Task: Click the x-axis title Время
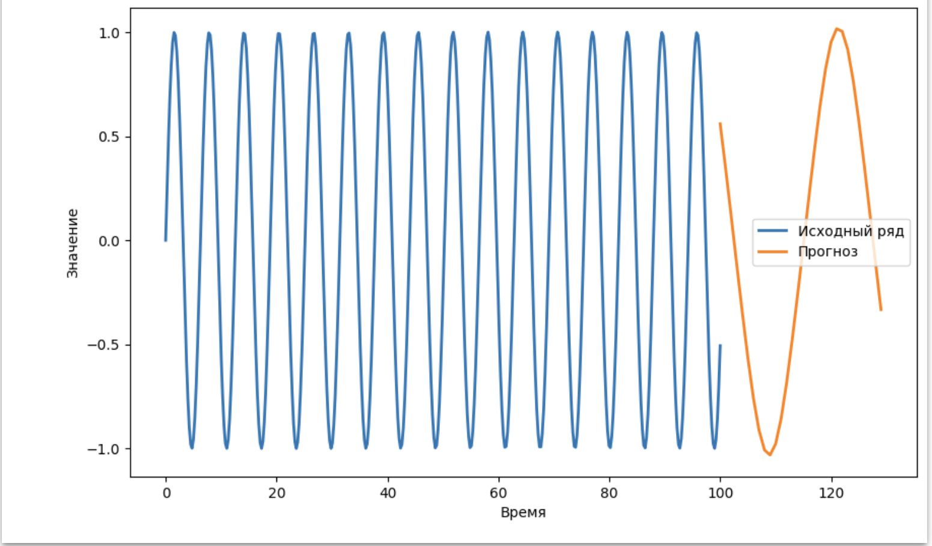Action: (523, 512)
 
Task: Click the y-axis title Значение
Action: (73, 243)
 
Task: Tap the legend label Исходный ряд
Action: (850, 231)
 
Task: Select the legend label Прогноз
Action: (827, 252)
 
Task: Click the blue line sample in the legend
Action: (772, 231)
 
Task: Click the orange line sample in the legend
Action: (772, 252)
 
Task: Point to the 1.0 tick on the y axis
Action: (109, 33)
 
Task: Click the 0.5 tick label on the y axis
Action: (109, 137)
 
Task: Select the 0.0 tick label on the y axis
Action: (109, 241)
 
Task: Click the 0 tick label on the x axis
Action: (166, 494)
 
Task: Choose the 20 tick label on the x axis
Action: (276, 494)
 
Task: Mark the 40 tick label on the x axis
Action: (388, 494)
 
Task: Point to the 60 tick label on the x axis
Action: (498, 494)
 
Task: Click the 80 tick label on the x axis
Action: (609, 494)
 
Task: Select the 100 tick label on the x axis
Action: (720, 494)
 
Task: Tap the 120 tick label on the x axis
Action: (831, 494)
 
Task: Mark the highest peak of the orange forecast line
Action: (836, 29)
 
